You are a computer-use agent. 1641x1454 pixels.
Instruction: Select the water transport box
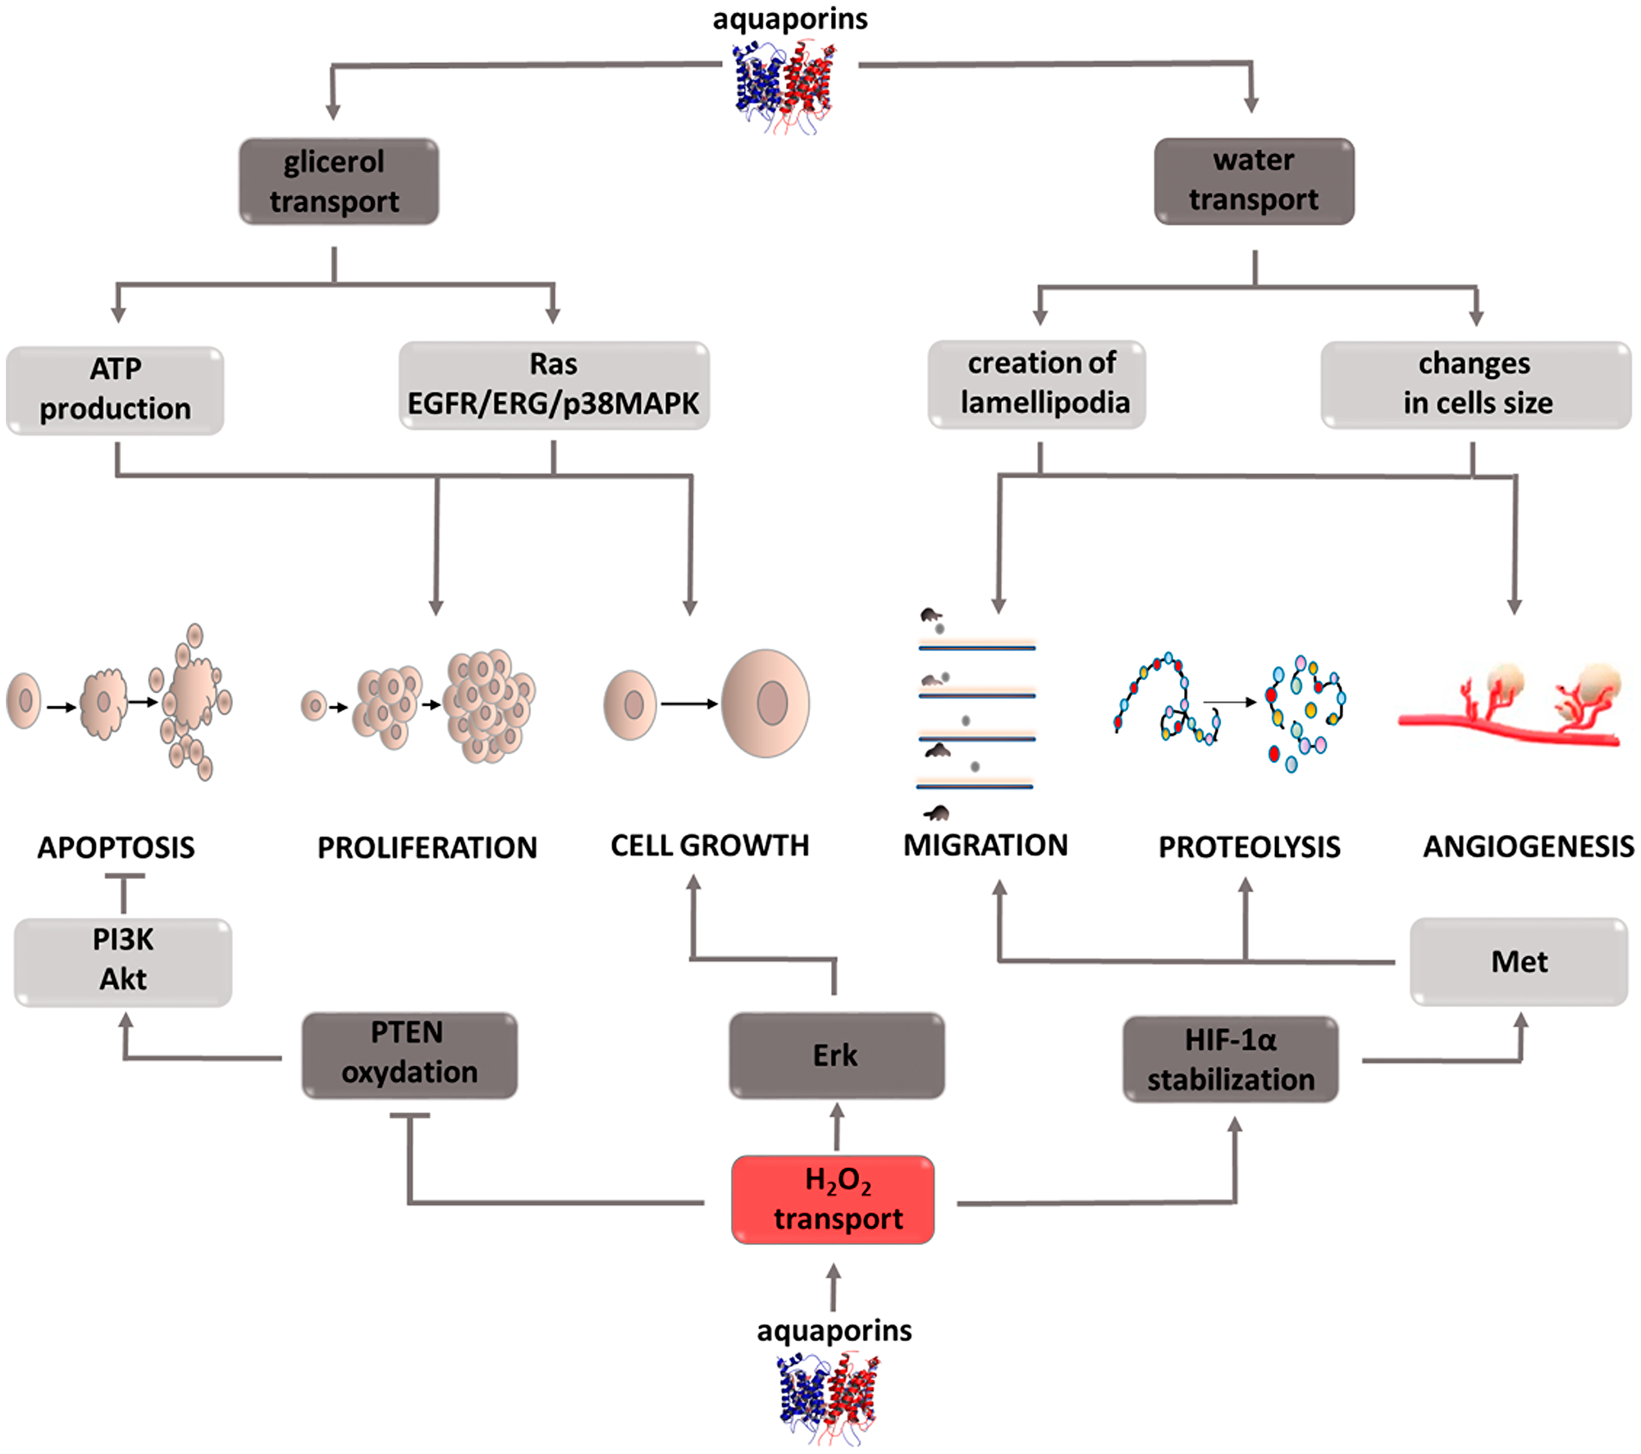[1254, 180]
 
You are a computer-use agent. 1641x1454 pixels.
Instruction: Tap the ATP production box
[115, 390]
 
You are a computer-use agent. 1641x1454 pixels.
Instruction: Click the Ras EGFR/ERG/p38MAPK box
[554, 385]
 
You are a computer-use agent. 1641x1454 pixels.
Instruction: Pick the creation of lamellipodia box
[1036, 384]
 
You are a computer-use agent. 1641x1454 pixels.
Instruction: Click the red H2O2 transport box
[833, 1199]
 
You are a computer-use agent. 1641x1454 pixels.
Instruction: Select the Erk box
[836, 1055]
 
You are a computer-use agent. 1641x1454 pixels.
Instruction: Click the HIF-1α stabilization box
[1230, 1060]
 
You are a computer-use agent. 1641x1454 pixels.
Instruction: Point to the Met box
[1519, 961]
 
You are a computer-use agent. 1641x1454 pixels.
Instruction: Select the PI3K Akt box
[123, 961]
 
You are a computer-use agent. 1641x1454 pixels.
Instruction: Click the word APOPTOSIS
[116, 847]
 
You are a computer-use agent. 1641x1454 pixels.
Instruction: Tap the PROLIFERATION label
[427, 847]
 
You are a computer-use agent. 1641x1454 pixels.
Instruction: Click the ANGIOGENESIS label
[1528, 846]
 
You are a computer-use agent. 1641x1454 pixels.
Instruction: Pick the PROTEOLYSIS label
[1249, 847]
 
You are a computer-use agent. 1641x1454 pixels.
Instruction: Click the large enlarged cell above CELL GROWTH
[766, 703]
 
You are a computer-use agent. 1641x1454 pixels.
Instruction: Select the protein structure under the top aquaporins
[785, 88]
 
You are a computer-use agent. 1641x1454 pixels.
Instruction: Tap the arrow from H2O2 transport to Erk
[836, 1127]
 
